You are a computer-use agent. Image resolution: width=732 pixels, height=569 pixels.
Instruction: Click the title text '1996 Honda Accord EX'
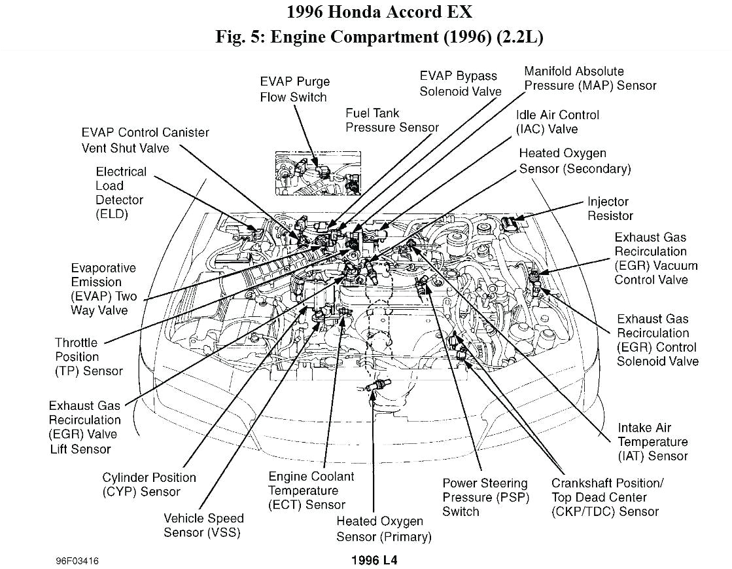coord(379,12)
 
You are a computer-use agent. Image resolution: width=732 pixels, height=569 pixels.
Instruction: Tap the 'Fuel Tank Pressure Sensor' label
coord(392,120)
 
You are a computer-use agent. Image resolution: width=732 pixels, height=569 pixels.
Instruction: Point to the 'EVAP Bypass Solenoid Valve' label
coord(461,84)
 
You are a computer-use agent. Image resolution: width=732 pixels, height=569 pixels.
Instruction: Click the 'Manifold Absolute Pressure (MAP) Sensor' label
coord(589,79)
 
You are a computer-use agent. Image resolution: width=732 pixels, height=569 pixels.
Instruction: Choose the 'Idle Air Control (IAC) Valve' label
coord(557,122)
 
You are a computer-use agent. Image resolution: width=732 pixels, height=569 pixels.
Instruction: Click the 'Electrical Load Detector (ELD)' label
coord(120,193)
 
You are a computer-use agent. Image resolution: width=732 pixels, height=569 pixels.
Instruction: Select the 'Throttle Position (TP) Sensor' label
coord(88,357)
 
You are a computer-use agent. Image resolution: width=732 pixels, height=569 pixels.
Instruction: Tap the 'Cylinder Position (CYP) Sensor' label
coord(148,485)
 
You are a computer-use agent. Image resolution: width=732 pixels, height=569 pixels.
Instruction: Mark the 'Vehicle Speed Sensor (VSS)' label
coord(203,525)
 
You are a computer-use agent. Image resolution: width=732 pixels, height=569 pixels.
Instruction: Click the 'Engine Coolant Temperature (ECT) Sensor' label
coord(311,490)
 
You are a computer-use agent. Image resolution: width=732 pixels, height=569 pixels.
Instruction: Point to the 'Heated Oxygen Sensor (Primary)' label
coord(384,529)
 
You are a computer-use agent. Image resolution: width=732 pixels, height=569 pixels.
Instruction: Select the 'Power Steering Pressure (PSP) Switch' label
coord(485,498)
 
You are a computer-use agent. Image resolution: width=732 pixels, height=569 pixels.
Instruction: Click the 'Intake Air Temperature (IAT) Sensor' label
coord(652,442)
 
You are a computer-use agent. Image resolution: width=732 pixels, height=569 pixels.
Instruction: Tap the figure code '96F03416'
coord(77,560)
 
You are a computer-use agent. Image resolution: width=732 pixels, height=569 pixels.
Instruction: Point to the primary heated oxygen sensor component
coord(377,386)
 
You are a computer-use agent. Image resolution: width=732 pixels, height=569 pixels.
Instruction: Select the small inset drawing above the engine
coord(318,172)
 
